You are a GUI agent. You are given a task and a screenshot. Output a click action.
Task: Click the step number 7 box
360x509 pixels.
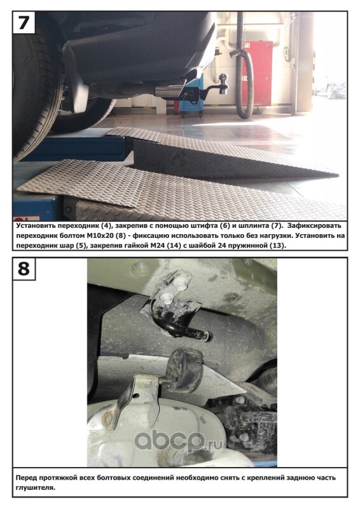24,22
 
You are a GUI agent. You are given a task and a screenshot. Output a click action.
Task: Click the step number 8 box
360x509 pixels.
24,268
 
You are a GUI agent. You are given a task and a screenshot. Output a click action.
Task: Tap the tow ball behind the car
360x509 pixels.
223,79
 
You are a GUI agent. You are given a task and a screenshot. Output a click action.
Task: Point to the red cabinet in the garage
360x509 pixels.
258,73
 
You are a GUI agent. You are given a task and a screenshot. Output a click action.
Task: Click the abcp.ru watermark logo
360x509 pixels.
179,440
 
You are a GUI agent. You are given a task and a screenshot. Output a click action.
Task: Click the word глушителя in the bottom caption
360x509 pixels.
34,487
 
